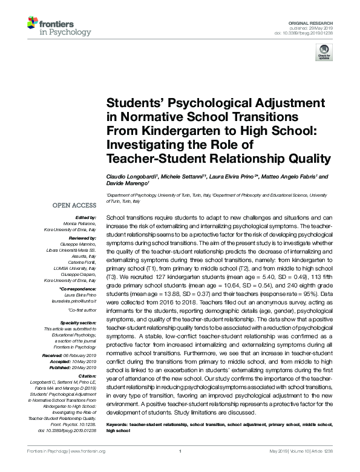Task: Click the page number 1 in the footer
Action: click(180, 451)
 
